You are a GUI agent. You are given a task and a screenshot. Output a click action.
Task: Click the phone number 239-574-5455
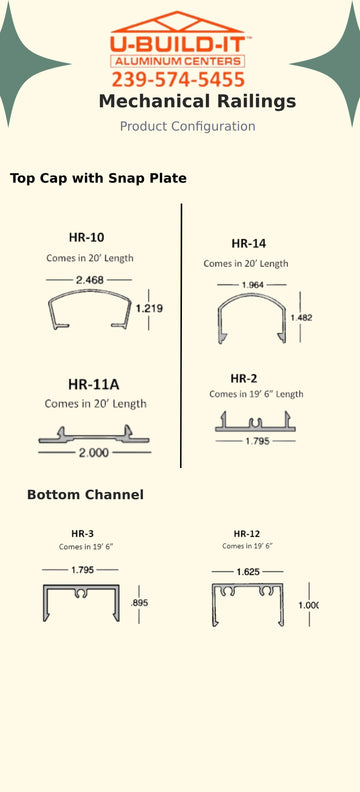[179, 79]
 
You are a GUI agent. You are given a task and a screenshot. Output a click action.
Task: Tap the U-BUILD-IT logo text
[179, 44]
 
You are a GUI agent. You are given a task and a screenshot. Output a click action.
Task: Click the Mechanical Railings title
[197, 102]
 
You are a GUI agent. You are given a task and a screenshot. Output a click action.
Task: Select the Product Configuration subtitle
[187, 127]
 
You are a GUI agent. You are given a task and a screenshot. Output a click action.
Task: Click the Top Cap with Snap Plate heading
[98, 179]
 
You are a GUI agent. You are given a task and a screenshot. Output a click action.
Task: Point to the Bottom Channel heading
[85, 495]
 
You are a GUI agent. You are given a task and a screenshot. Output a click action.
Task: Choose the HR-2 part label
[244, 378]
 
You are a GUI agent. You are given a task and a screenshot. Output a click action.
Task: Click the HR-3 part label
[83, 534]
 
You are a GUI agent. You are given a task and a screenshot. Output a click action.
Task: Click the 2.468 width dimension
[90, 279]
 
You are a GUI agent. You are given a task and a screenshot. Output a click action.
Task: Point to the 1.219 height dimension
[149, 309]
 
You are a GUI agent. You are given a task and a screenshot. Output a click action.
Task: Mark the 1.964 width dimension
[253, 285]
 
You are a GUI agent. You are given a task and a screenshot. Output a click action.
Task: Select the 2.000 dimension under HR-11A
[95, 452]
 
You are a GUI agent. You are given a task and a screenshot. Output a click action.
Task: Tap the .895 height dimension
[140, 603]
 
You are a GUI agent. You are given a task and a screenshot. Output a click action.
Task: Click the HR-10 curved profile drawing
[89, 309]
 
